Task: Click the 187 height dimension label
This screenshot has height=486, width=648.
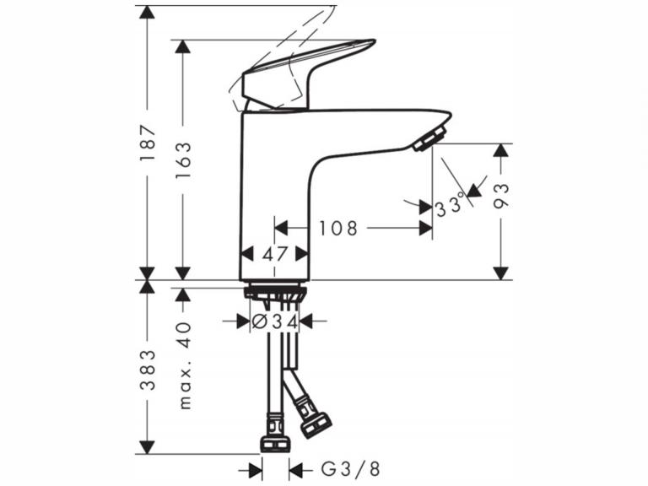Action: [148, 143]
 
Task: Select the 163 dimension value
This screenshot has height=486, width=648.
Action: [183, 159]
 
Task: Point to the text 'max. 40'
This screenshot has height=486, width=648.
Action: [186, 364]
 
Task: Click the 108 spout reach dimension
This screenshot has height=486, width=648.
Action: [338, 228]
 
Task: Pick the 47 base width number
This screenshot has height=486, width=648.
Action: [274, 253]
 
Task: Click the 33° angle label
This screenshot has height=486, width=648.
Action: [451, 205]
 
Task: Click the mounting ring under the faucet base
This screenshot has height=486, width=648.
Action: [273, 293]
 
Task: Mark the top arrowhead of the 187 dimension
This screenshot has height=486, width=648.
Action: [148, 12]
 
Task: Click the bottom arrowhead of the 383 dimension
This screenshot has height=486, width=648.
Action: [148, 447]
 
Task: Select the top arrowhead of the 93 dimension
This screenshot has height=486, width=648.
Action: [502, 150]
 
